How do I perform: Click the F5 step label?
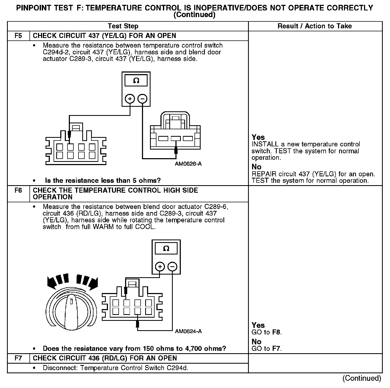coord(18,36)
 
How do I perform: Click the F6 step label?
coord(18,191)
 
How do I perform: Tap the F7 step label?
coord(18,358)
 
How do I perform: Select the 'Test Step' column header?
coord(123,26)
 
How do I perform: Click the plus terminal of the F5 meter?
coord(130,99)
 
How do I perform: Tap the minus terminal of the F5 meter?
coord(142,99)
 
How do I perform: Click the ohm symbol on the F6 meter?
coord(166,249)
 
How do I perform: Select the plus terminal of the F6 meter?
coord(160,267)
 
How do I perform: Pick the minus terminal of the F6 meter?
coord(172,267)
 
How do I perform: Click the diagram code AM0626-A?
coord(188,164)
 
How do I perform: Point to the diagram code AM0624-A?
coord(188,332)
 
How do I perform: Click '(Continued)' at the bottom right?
coord(362,378)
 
